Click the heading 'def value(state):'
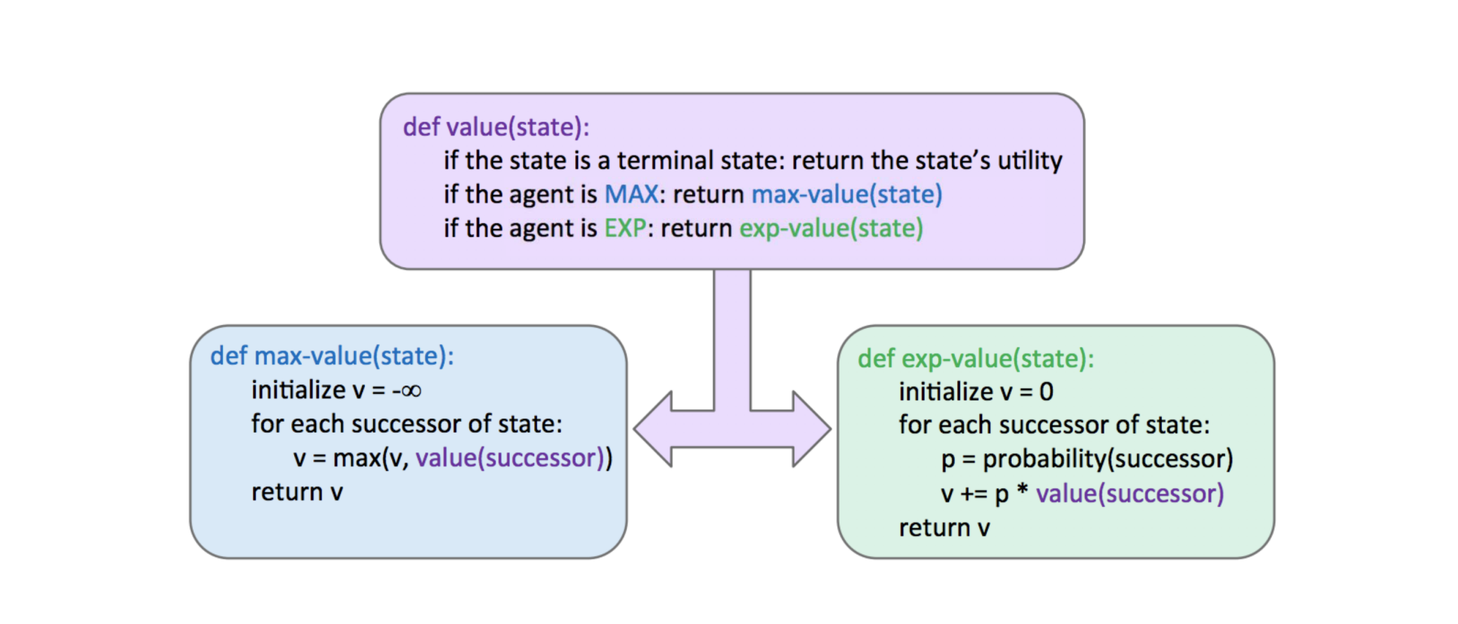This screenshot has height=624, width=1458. click(x=496, y=127)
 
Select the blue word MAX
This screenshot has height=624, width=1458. click(x=631, y=195)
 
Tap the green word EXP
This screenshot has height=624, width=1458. click(x=625, y=229)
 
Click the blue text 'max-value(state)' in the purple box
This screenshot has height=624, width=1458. click(x=846, y=195)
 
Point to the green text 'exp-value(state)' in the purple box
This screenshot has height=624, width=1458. click(x=831, y=229)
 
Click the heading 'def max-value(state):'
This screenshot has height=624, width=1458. click(x=332, y=356)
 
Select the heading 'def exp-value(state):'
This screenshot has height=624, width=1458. click(x=975, y=358)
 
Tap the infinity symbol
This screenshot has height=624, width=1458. click(x=410, y=391)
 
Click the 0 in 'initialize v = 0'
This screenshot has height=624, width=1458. click(x=1046, y=392)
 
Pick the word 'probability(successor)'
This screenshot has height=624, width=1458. click(x=1107, y=459)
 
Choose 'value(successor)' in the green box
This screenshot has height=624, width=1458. click(x=1129, y=494)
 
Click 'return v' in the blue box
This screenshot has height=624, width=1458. click(x=297, y=492)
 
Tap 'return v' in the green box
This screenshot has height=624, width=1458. click(x=944, y=528)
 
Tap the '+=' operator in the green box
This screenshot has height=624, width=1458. click(x=973, y=494)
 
